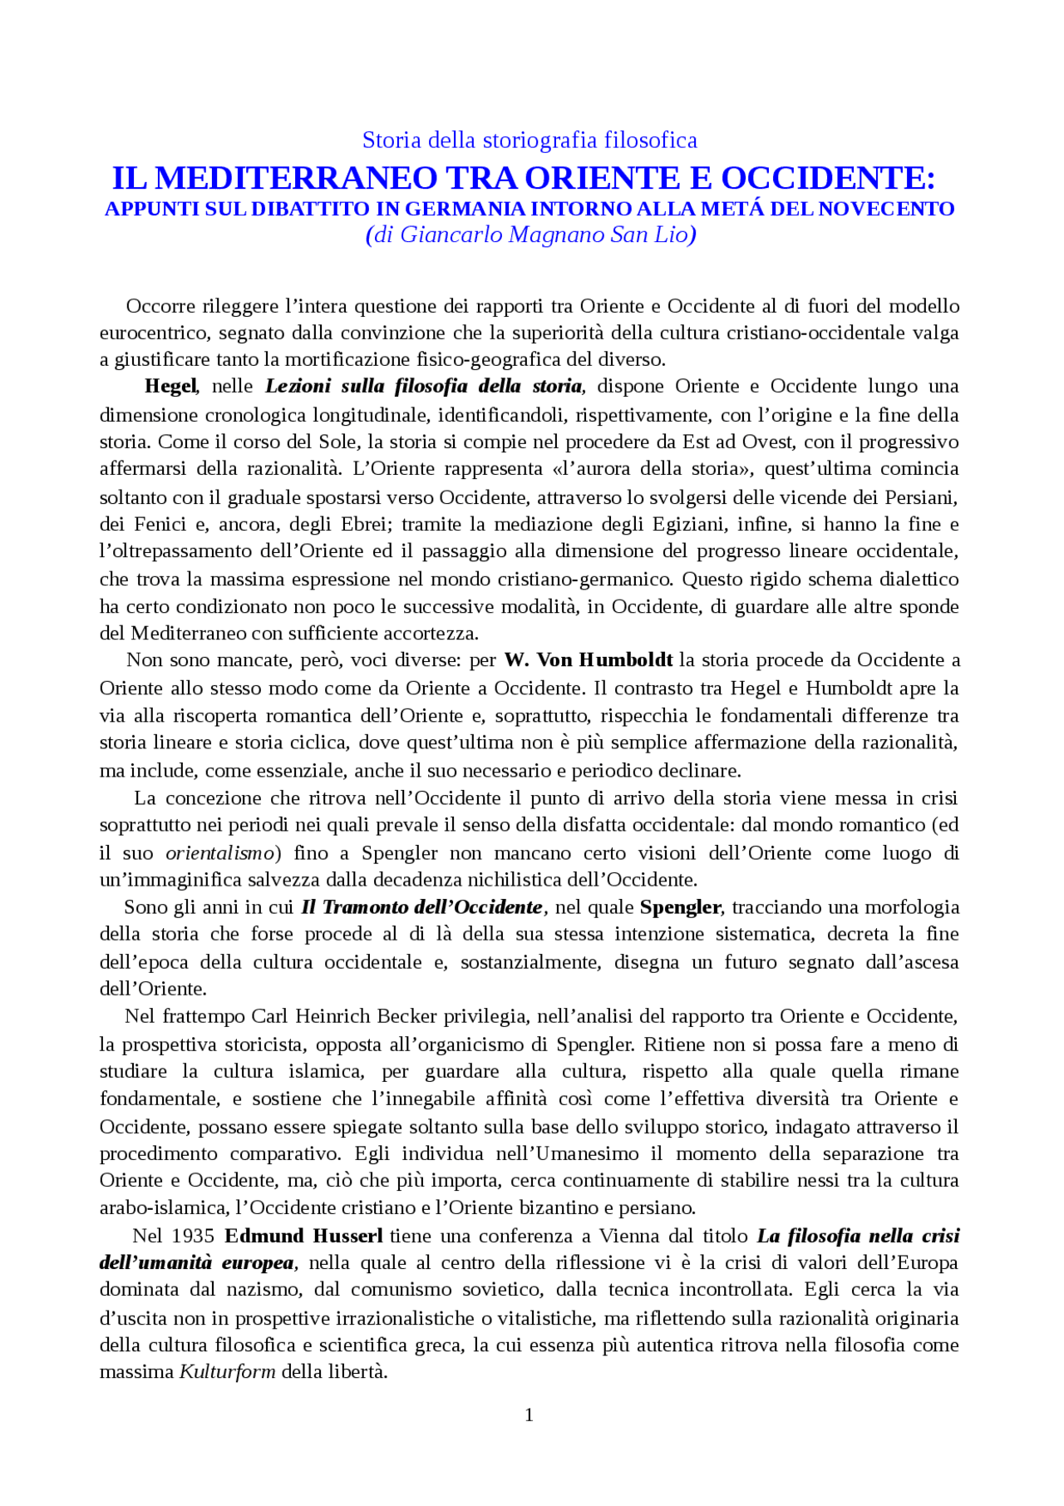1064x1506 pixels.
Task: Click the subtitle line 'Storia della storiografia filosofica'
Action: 530,140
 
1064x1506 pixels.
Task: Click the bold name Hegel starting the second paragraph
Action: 170,386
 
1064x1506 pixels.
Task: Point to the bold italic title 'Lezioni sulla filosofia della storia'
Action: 424,386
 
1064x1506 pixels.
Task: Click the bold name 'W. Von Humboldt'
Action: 588,660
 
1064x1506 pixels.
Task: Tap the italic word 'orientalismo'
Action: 219,853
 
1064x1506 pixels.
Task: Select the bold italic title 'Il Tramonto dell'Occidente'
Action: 421,907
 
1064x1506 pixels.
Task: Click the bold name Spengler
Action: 681,907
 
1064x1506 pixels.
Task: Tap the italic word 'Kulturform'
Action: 227,1371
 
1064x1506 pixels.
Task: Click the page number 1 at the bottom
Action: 530,1415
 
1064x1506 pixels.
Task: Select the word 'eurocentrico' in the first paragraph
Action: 153,333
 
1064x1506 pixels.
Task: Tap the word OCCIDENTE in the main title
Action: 827,178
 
